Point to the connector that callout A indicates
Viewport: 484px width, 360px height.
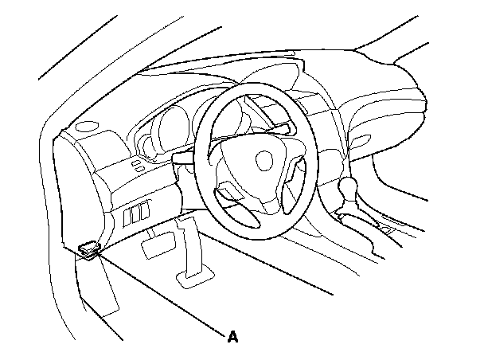89,249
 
